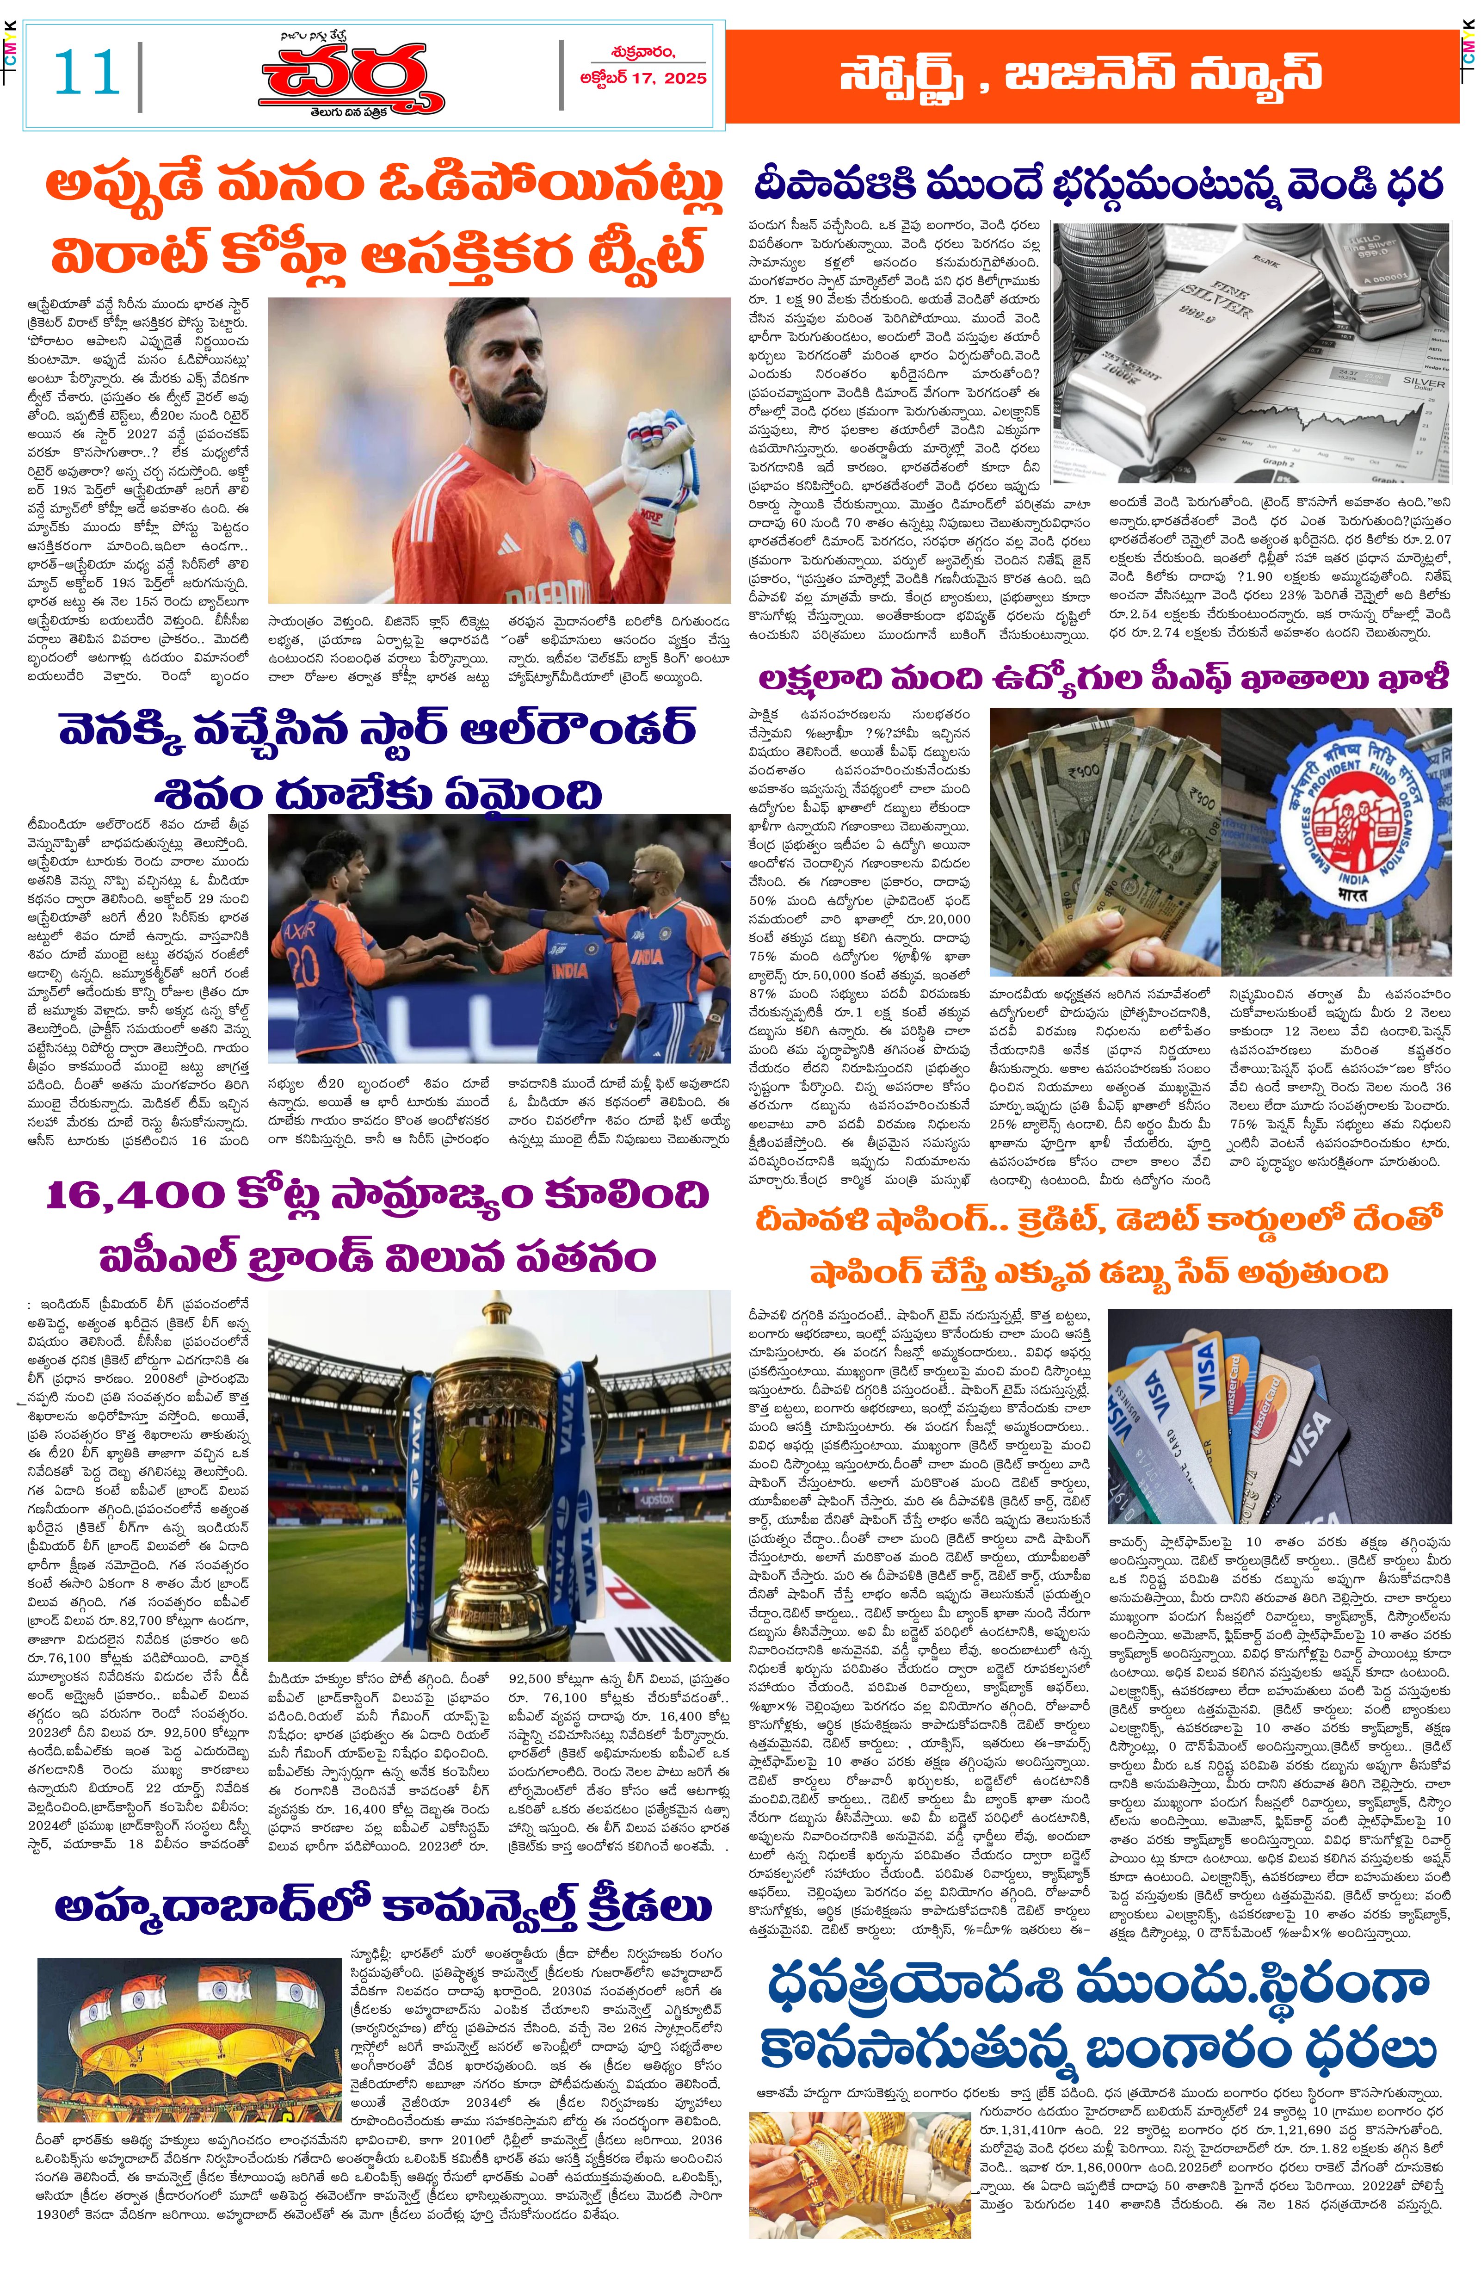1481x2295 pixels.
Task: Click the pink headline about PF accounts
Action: click(1102, 678)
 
